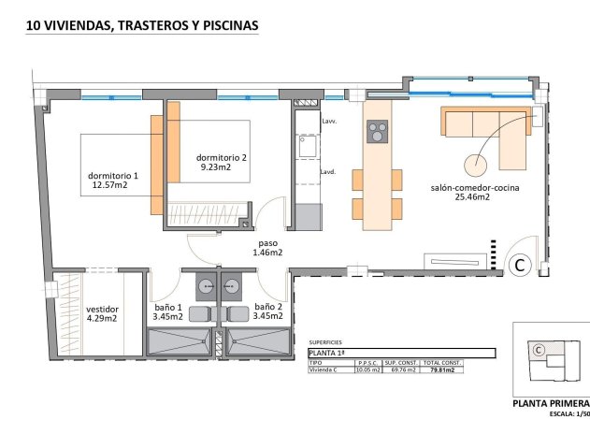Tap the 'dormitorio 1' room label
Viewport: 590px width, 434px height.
pos(112,175)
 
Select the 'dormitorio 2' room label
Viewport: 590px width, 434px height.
pos(222,157)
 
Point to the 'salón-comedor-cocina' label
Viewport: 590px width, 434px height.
pos(474,187)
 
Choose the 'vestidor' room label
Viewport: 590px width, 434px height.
pos(102,308)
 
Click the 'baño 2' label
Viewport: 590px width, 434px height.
pos(267,307)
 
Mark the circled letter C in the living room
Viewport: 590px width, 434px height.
pos(521,266)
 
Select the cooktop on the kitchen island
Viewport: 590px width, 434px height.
pos(377,133)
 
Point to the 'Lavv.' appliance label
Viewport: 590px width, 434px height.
pos(329,122)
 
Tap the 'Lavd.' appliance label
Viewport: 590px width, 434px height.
pos(328,172)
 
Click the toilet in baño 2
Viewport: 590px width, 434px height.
pos(236,313)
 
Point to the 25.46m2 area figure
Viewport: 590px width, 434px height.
pos(473,197)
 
